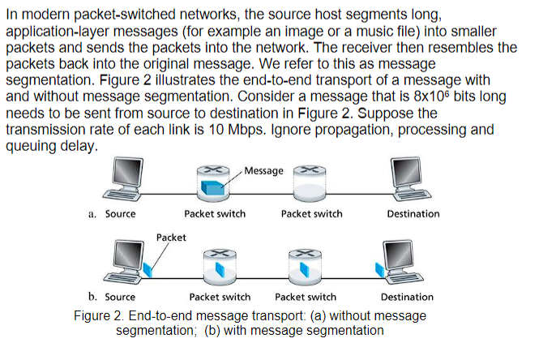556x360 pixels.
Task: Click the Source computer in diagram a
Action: click(121, 179)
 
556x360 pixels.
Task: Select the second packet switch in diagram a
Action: click(311, 185)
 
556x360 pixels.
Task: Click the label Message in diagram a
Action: click(264, 171)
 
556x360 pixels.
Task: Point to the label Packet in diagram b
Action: click(171, 238)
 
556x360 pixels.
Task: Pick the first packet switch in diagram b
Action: click(219, 265)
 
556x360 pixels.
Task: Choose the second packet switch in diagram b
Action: click(306, 265)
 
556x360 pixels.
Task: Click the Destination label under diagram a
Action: click(413, 214)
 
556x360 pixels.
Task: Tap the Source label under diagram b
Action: click(120, 297)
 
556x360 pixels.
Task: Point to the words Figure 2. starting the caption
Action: click(96, 315)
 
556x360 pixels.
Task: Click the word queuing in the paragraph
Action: click(31, 146)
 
